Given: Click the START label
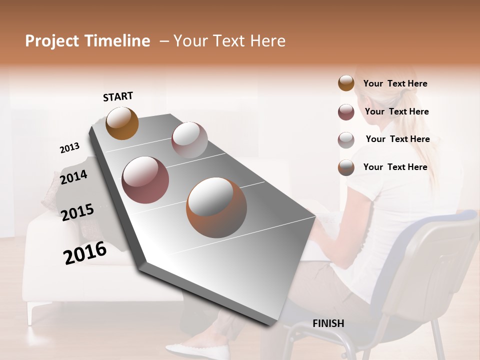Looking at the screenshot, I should [x=118, y=96].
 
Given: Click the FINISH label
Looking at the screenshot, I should [x=328, y=323].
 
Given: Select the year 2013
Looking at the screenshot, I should [x=69, y=148].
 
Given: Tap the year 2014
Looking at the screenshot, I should [x=73, y=177].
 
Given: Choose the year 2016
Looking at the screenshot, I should [x=85, y=252].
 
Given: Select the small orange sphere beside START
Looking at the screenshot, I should [x=122, y=123].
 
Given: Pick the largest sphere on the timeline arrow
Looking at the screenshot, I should [x=216, y=207].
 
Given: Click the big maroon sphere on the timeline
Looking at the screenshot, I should [x=145, y=180].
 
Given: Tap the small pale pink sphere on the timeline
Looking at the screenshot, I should [x=189, y=140].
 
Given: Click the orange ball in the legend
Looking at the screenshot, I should [x=346, y=83].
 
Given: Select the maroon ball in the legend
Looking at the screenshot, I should [x=346, y=112].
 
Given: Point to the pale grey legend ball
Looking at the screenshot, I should [x=346, y=140].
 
